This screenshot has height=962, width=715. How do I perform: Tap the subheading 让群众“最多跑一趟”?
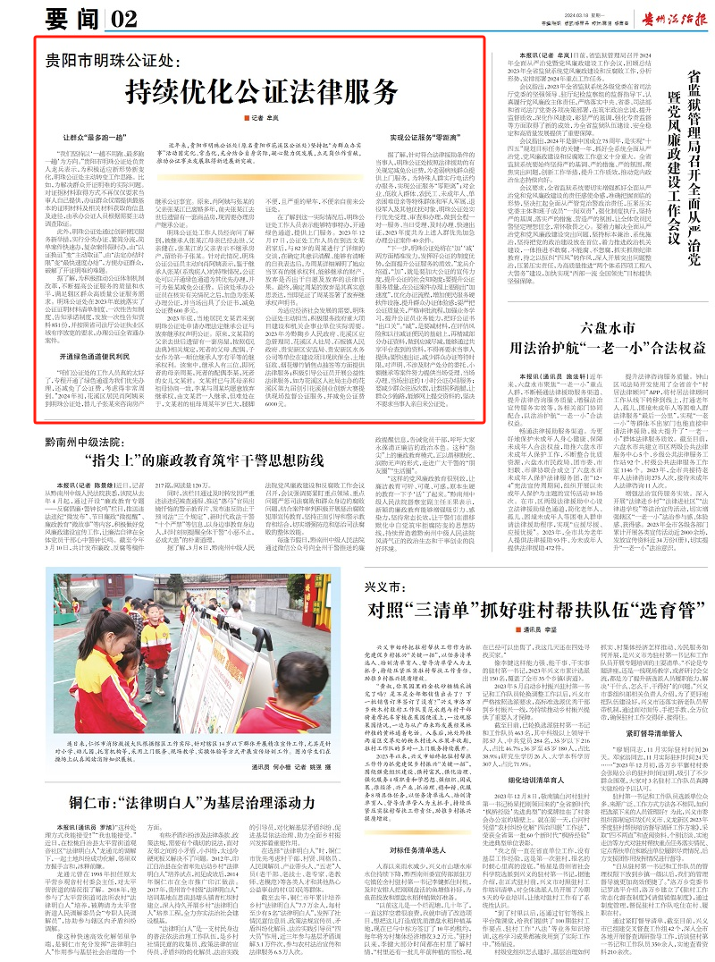[x=99, y=139]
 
